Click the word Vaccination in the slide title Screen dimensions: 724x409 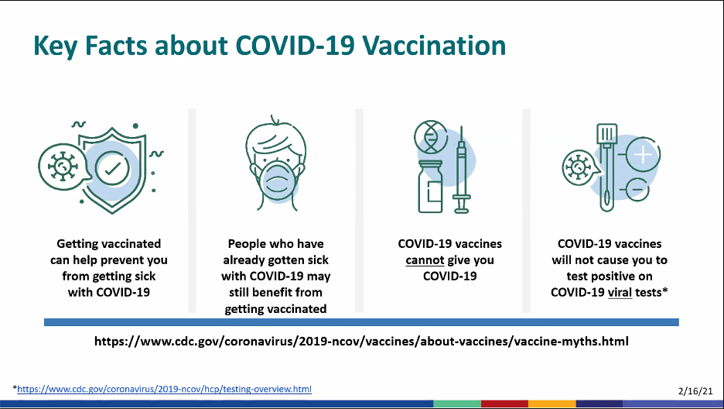434,45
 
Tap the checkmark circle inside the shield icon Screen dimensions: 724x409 112,168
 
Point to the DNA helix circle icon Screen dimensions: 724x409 431,137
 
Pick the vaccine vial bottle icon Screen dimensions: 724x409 430,187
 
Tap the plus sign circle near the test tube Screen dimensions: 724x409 642,154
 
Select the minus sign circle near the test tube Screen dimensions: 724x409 637,190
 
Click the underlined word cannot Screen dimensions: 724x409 425,260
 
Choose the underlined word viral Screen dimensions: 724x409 620,293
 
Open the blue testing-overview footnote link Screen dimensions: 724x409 165,389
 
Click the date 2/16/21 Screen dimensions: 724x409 695,391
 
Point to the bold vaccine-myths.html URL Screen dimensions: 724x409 361,342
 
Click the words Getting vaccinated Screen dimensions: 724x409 109,244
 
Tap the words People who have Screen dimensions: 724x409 275,244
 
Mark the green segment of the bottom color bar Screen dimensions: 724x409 456,404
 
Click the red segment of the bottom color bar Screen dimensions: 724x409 504,404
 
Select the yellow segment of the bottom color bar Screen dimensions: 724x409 552,404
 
